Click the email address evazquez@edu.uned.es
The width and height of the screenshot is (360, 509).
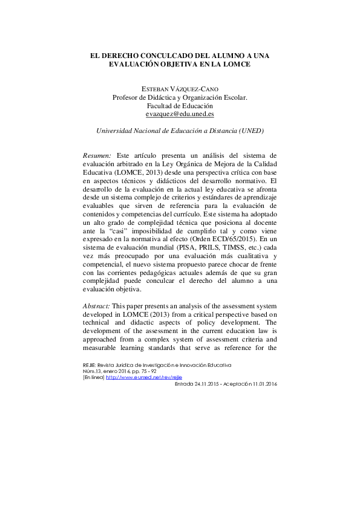coord(180,114)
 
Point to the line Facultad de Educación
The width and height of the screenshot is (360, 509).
coord(180,105)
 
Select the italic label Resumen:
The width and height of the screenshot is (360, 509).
coord(97,155)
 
